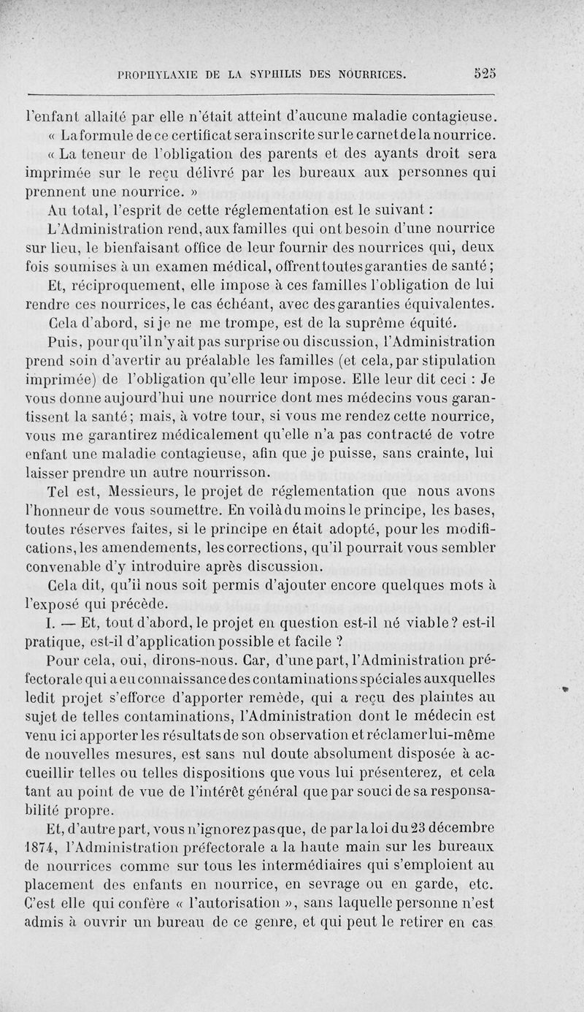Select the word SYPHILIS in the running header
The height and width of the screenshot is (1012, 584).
point(281,74)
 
